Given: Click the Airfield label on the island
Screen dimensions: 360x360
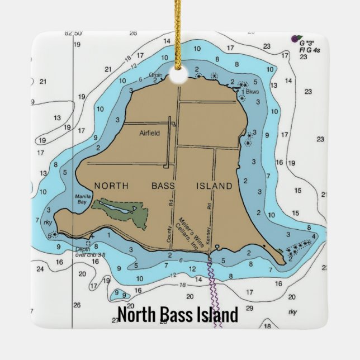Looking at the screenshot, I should (x=149, y=133).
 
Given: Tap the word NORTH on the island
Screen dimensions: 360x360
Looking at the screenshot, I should (x=112, y=186).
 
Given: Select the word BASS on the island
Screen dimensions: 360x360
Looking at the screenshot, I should (x=163, y=186).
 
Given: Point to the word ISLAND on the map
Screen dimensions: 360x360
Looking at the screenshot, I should (x=214, y=186).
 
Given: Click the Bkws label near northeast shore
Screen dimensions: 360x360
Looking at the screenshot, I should (x=253, y=92).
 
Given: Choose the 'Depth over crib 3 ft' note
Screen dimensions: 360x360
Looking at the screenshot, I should (x=87, y=252).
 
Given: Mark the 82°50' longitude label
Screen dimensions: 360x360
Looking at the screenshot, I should (x=73, y=34).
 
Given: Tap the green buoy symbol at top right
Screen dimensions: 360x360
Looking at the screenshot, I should (x=296, y=38).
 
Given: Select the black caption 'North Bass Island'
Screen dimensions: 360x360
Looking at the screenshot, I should (x=178, y=314).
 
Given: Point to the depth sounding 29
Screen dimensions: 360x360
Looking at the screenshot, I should (x=249, y=308).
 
